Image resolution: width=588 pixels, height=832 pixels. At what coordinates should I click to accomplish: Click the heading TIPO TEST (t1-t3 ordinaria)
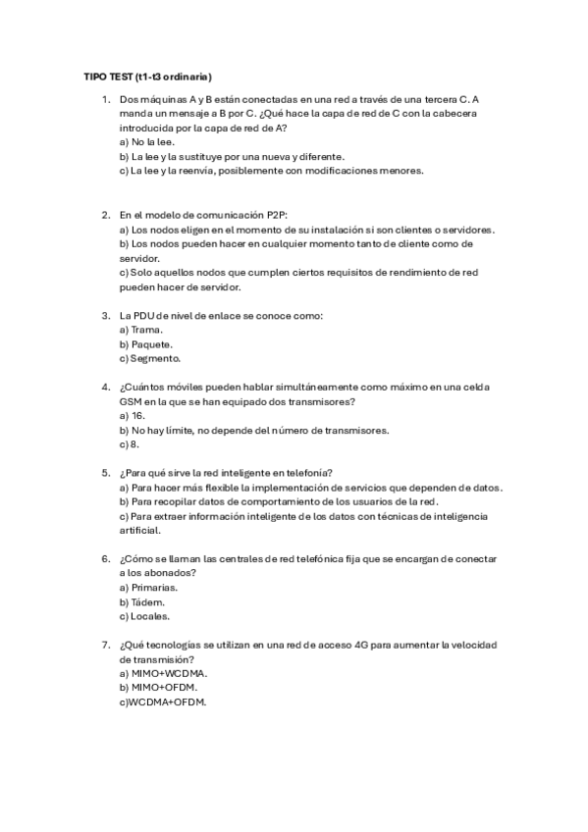148,77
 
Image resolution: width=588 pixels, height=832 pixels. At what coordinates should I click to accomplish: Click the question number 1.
104,99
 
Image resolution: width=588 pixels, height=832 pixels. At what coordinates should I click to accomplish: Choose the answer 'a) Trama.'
140,330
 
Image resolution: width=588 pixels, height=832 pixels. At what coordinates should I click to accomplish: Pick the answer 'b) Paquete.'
145,343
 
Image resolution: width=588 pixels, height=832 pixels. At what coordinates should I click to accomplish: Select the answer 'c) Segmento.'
149,358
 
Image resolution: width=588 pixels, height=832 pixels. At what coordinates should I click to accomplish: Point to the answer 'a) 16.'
133,415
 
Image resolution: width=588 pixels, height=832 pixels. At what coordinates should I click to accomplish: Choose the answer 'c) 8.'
130,443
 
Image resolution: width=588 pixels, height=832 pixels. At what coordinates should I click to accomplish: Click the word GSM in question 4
131,401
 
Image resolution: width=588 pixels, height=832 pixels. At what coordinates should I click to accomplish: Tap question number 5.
104,473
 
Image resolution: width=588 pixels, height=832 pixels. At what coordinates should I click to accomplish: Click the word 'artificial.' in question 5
138,530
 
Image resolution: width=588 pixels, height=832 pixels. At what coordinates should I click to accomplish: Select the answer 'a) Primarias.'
148,587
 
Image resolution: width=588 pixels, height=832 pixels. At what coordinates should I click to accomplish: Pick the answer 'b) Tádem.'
141,601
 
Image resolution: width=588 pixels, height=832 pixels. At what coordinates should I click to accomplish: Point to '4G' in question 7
369,645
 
